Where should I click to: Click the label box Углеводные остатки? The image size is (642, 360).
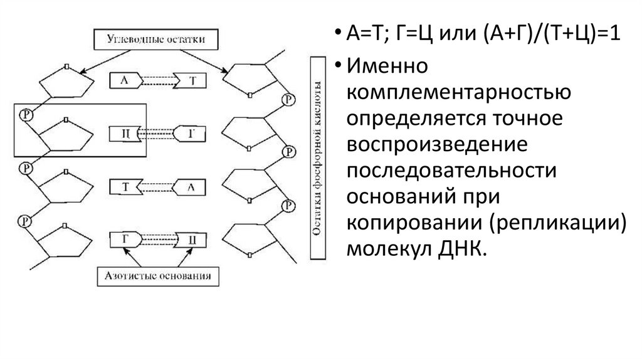(157, 40)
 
